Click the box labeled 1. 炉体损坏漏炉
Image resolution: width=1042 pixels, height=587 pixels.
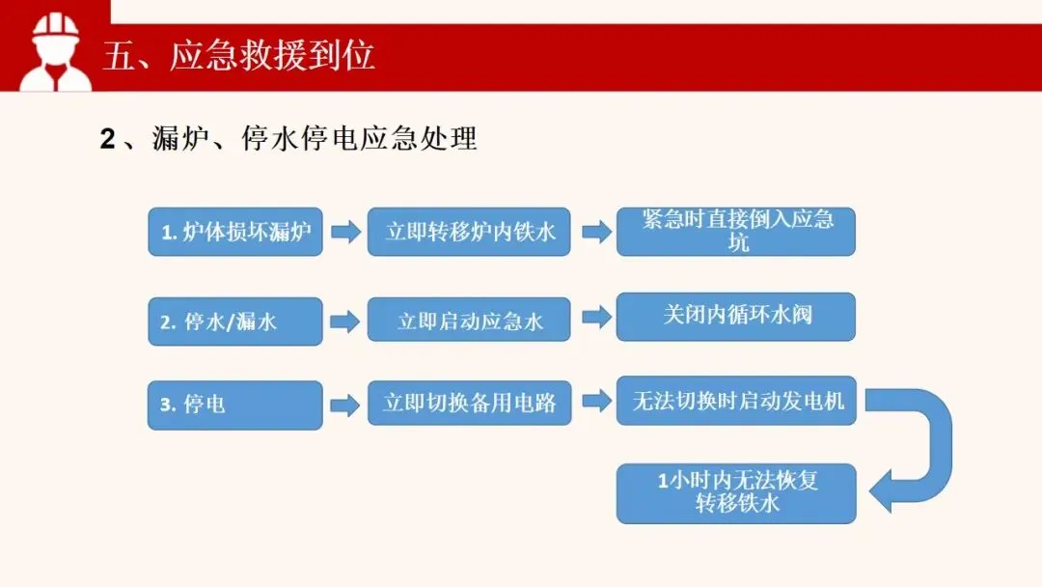coord(234,232)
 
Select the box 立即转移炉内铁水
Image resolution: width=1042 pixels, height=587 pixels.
coord(469,232)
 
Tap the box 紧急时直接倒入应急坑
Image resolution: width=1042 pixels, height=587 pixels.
coord(736,232)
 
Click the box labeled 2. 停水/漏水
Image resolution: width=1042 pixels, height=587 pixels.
coord(234,321)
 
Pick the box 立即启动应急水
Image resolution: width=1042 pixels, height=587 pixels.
coord(469,321)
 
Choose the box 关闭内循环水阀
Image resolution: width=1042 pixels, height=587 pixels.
coord(736,316)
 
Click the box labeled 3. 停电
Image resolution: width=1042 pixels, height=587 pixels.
coord(234,405)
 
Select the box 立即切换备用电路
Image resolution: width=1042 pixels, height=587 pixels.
coord(469,403)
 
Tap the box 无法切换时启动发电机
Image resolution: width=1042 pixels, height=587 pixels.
coord(736,401)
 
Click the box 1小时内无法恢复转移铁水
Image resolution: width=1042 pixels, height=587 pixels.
coord(736,492)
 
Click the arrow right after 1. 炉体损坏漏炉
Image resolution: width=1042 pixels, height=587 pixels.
coord(344,232)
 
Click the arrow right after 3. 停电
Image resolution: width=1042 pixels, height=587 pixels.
coord(344,405)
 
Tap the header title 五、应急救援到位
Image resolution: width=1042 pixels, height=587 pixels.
coord(238,56)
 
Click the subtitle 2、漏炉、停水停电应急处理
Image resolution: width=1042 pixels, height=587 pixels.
coord(288,139)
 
